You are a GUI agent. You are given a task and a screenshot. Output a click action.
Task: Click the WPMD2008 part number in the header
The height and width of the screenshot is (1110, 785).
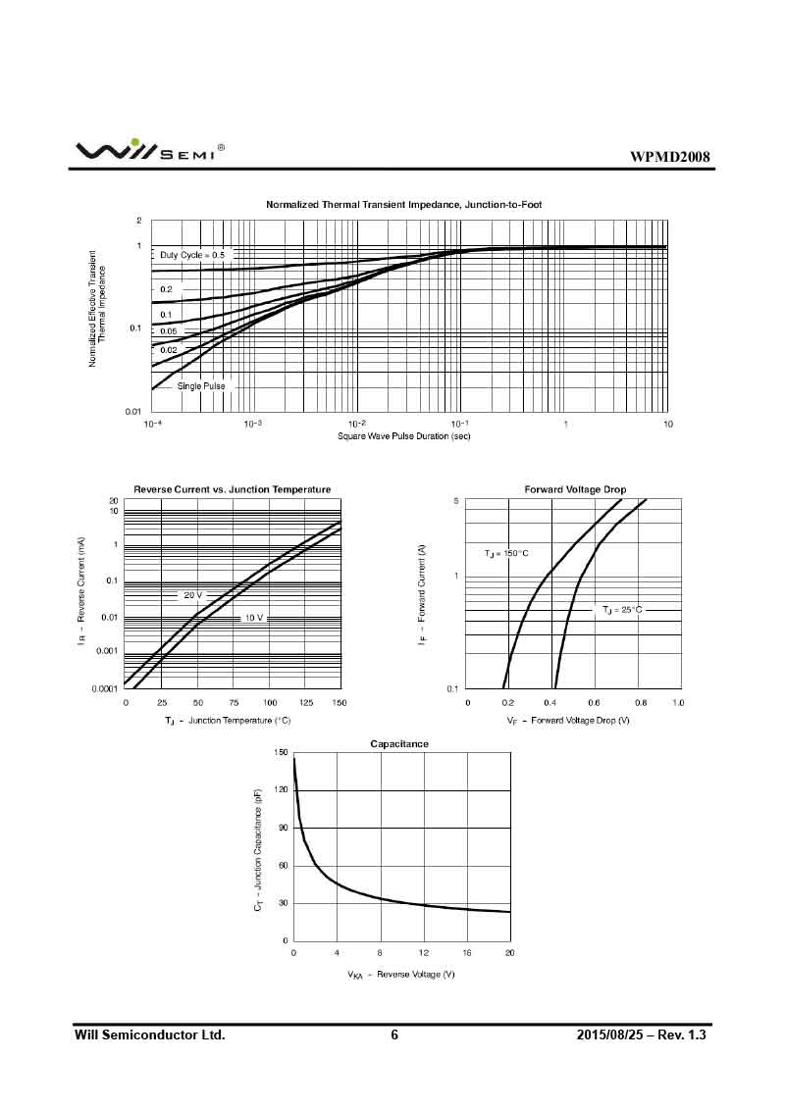pyautogui.click(x=670, y=157)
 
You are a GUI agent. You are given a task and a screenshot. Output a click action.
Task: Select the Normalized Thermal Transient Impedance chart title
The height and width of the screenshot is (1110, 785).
pyautogui.click(x=403, y=205)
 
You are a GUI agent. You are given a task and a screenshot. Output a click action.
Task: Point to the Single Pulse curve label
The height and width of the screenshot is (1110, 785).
pyautogui.click(x=201, y=386)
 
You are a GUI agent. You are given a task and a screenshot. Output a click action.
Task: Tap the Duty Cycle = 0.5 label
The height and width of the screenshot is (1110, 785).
pyautogui.click(x=192, y=255)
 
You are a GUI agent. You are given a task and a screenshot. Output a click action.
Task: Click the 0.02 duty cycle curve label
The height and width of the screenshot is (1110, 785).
pyautogui.click(x=169, y=350)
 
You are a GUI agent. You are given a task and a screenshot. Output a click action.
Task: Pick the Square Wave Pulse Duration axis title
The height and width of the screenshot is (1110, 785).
pyautogui.click(x=403, y=436)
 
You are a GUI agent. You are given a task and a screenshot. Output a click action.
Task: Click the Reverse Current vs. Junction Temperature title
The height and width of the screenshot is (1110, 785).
pyautogui.click(x=233, y=489)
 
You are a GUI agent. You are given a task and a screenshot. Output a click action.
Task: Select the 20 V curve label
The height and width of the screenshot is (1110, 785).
pyautogui.click(x=192, y=595)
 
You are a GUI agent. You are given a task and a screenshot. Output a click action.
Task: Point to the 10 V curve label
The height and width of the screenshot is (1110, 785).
pyautogui.click(x=254, y=619)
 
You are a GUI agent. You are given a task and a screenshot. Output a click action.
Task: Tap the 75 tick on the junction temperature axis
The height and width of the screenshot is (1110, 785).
pyautogui.click(x=234, y=703)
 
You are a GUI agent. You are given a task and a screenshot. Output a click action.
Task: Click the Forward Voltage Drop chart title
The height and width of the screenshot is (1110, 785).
pyautogui.click(x=575, y=489)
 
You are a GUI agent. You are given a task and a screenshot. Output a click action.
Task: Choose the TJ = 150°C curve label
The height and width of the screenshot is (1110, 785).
pyautogui.click(x=506, y=554)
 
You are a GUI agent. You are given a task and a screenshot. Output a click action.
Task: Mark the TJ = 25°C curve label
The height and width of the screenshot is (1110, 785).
pyautogui.click(x=622, y=610)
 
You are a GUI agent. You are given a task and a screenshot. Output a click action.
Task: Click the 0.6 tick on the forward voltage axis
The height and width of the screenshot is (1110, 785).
pyautogui.click(x=594, y=703)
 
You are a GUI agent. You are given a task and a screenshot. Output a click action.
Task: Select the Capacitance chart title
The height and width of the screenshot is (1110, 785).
pyautogui.click(x=399, y=744)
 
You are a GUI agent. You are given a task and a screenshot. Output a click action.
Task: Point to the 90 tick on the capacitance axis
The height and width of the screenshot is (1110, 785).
pyautogui.click(x=283, y=828)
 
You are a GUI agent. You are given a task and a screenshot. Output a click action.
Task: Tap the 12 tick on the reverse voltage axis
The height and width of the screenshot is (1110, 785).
pyautogui.click(x=424, y=953)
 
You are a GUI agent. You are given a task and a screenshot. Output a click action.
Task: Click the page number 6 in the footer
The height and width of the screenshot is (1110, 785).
pyautogui.click(x=394, y=1035)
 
